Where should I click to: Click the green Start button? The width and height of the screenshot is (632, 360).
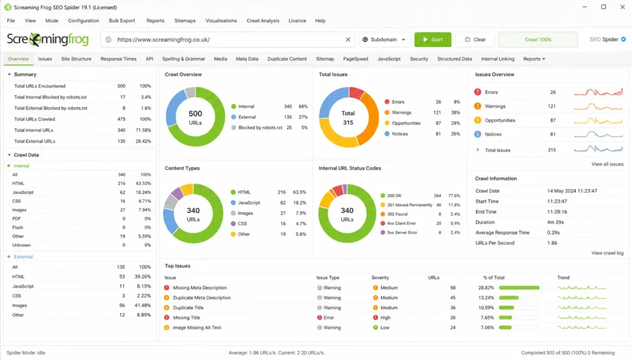tap(433, 40)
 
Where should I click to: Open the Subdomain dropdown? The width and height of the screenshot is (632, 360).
tap(384, 40)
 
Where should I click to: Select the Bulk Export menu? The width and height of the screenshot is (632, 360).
tap(122, 20)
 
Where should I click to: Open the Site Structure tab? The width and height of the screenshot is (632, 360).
tap(76, 59)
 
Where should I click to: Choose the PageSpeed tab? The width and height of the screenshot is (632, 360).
tap(355, 59)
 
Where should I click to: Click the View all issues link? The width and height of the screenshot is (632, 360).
tap(607, 164)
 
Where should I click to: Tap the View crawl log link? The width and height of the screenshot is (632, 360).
tap(607, 253)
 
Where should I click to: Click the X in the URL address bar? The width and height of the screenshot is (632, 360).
tap(348, 40)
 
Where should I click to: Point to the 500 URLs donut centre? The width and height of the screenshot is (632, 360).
tap(196, 118)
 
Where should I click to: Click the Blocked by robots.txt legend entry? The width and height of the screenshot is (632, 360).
tap(260, 127)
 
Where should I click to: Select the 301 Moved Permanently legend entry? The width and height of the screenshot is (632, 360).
tap(410, 205)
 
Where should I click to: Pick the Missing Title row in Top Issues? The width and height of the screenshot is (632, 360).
tap(186, 317)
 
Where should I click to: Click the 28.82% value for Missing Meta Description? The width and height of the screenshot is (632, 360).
tap(486, 288)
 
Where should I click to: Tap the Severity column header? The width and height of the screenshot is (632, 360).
tap(380, 278)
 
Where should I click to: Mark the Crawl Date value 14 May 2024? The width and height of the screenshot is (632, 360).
tap(572, 191)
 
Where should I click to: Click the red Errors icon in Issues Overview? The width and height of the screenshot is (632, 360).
tap(478, 92)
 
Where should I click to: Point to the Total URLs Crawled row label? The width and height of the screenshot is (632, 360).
tap(35, 119)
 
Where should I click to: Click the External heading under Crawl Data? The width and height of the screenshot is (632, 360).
tap(23, 257)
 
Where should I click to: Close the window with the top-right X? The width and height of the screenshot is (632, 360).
tap(622, 7)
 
